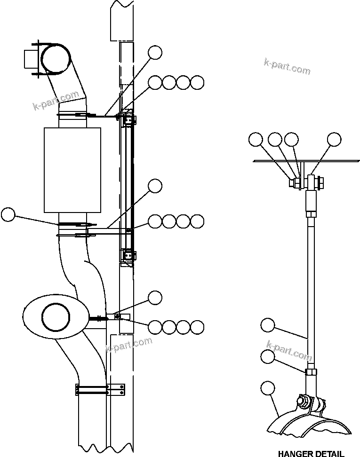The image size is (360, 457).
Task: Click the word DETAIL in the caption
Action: pos(330,454)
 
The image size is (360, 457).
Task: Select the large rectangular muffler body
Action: pos(72,170)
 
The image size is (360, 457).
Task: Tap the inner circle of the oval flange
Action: pos(55,316)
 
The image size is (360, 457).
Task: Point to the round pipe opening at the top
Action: pos(56,59)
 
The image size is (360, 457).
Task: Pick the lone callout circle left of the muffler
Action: pos(8,215)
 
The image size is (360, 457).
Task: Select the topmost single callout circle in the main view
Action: pos(155,52)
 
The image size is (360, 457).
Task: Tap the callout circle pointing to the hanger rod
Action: pos(268,325)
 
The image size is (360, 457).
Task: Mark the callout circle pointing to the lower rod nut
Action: pos(268,357)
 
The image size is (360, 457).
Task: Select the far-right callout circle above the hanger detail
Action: pos(334,139)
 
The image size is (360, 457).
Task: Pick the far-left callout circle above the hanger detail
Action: pos(256,139)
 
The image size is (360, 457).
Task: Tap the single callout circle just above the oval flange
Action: pos(155,297)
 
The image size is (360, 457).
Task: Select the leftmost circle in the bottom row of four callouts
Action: pos(155,326)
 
